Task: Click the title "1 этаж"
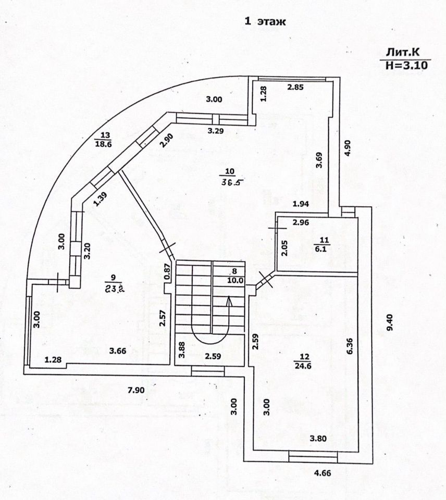(x=266, y=21)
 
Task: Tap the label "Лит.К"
(x=402, y=53)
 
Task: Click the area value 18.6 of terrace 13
(x=104, y=145)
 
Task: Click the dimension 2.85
(x=295, y=87)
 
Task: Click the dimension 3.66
(x=118, y=351)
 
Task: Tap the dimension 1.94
(x=302, y=203)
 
